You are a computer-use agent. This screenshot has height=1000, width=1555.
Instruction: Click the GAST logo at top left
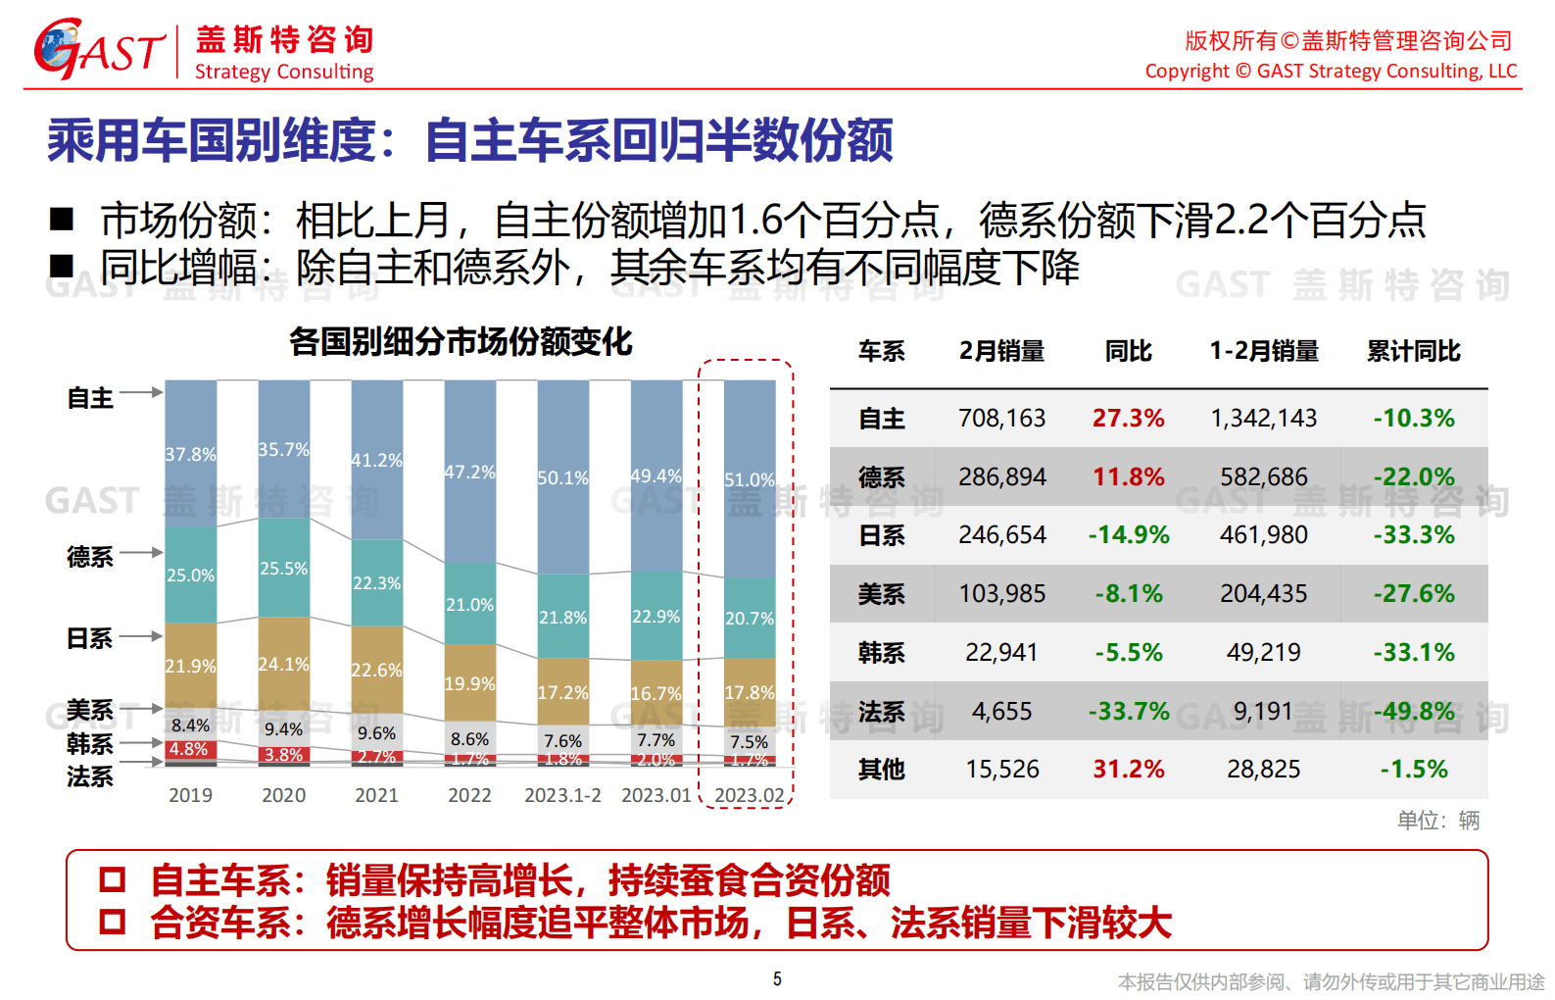pyautogui.click(x=98, y=49)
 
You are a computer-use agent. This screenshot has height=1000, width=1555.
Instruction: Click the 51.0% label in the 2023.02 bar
pyautogui.click(x=749, y=479)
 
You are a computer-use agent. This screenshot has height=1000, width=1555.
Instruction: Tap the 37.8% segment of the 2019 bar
pyautogui.click(x=190, y=454)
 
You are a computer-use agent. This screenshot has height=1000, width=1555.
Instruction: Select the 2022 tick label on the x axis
pyautogui.click(x=469, y=795)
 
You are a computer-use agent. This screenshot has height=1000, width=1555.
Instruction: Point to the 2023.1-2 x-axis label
pyautogui.click(x=562, y=795)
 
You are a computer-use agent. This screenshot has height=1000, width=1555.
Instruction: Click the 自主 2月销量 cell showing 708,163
pyautogui.click(x=1001, y=419)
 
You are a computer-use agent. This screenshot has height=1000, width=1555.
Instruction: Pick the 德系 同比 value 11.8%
pyautogui.click(x=1128, y=477)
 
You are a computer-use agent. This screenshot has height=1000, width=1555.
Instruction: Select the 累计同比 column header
pyautogui.click(x=1413, y=351)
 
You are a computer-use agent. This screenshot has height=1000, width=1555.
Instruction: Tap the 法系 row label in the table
pyautogui.click(x=881, y=712)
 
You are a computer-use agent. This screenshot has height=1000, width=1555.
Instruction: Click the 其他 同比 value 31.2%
pyautogui.click(x=1128, y=770)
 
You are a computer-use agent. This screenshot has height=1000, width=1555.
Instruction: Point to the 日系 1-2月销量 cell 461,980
pyautogui.click(x=1263, y=535)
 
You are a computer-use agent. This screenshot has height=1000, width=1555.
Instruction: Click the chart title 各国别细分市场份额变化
pyautogui.click(x=461, y=342)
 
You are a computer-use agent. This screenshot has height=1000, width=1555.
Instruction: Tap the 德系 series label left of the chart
pyautogui.click(x=90, y=557)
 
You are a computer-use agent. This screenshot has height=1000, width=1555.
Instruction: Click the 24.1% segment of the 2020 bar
pyautogui.click(x=283, y=664)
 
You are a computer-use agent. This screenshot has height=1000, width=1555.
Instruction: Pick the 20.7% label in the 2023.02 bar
pyautogui.click(x=749, y=619)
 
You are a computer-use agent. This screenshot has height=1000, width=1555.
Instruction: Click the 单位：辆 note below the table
pyautogui.click(x=1437, y=821)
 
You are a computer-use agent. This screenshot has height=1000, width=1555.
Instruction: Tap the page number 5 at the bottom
pyautogui.click(x=777, y=978)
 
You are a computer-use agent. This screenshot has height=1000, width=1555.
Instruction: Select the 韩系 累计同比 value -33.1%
pyautogui.click(x=1413, y=653)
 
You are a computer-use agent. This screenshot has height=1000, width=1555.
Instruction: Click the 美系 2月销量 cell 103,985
pyautogui.click(x=1001, y=594)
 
